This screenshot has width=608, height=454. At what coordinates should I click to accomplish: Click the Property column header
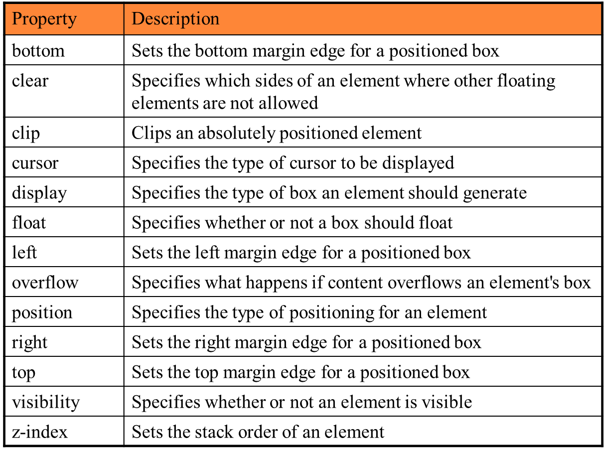44,19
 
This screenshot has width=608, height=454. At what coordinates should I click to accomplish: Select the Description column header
175,19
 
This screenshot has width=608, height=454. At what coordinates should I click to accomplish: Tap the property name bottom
38,51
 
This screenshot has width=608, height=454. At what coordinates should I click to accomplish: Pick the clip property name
26,134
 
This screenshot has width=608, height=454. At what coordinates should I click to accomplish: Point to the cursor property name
35,163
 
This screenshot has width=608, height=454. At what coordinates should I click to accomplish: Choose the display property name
39,193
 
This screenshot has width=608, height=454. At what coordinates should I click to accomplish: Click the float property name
29,222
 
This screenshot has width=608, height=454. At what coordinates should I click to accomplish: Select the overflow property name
45,283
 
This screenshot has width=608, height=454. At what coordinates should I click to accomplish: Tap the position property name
42,313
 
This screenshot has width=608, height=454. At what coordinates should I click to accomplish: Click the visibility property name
46,403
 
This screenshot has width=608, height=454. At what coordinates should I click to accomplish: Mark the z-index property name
39,432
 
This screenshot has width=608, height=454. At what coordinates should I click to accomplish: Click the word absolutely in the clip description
236,134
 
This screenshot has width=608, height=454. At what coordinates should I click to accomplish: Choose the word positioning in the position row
331,313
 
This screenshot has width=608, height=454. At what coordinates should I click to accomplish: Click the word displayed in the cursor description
418,163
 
